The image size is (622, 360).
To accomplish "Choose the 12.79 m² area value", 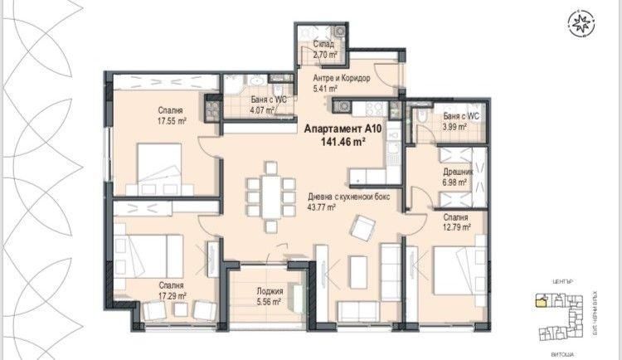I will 456,226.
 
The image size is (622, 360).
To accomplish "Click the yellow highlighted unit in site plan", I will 542,301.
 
